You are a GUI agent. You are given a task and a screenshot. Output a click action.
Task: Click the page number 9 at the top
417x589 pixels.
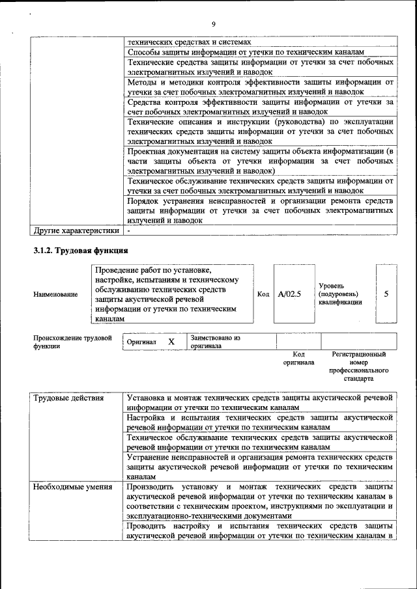coord(213,25)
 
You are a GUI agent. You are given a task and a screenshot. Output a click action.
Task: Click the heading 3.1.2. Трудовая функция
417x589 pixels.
coord(80,251)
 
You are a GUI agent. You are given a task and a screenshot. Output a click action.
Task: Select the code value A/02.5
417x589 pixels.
coord(289,294)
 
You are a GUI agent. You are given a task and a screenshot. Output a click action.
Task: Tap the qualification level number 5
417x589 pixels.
coord(386,294)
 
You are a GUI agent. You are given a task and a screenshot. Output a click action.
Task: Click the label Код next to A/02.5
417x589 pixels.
coord(263,294)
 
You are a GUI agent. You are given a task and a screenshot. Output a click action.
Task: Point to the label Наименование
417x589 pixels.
coord(55,294)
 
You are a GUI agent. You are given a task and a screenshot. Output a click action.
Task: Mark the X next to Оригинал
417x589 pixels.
coord(171,342)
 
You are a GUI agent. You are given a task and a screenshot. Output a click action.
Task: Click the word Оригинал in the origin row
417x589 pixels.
coord(141,342)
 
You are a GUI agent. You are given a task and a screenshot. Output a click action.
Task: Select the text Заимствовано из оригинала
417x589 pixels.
coord(215,342)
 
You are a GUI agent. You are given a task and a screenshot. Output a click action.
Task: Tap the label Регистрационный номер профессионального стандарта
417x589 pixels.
coord(358,366)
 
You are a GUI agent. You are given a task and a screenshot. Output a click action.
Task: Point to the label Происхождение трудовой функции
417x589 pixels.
coord(72,342)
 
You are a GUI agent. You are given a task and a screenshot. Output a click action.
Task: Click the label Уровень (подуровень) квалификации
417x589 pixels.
coord(340,294)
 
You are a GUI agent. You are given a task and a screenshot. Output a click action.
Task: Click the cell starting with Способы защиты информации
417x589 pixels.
coord(260,51)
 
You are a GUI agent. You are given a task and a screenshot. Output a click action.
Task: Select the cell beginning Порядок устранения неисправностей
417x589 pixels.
coord(260,211)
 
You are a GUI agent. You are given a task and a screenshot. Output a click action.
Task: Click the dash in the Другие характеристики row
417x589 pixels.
coord(129,230)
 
